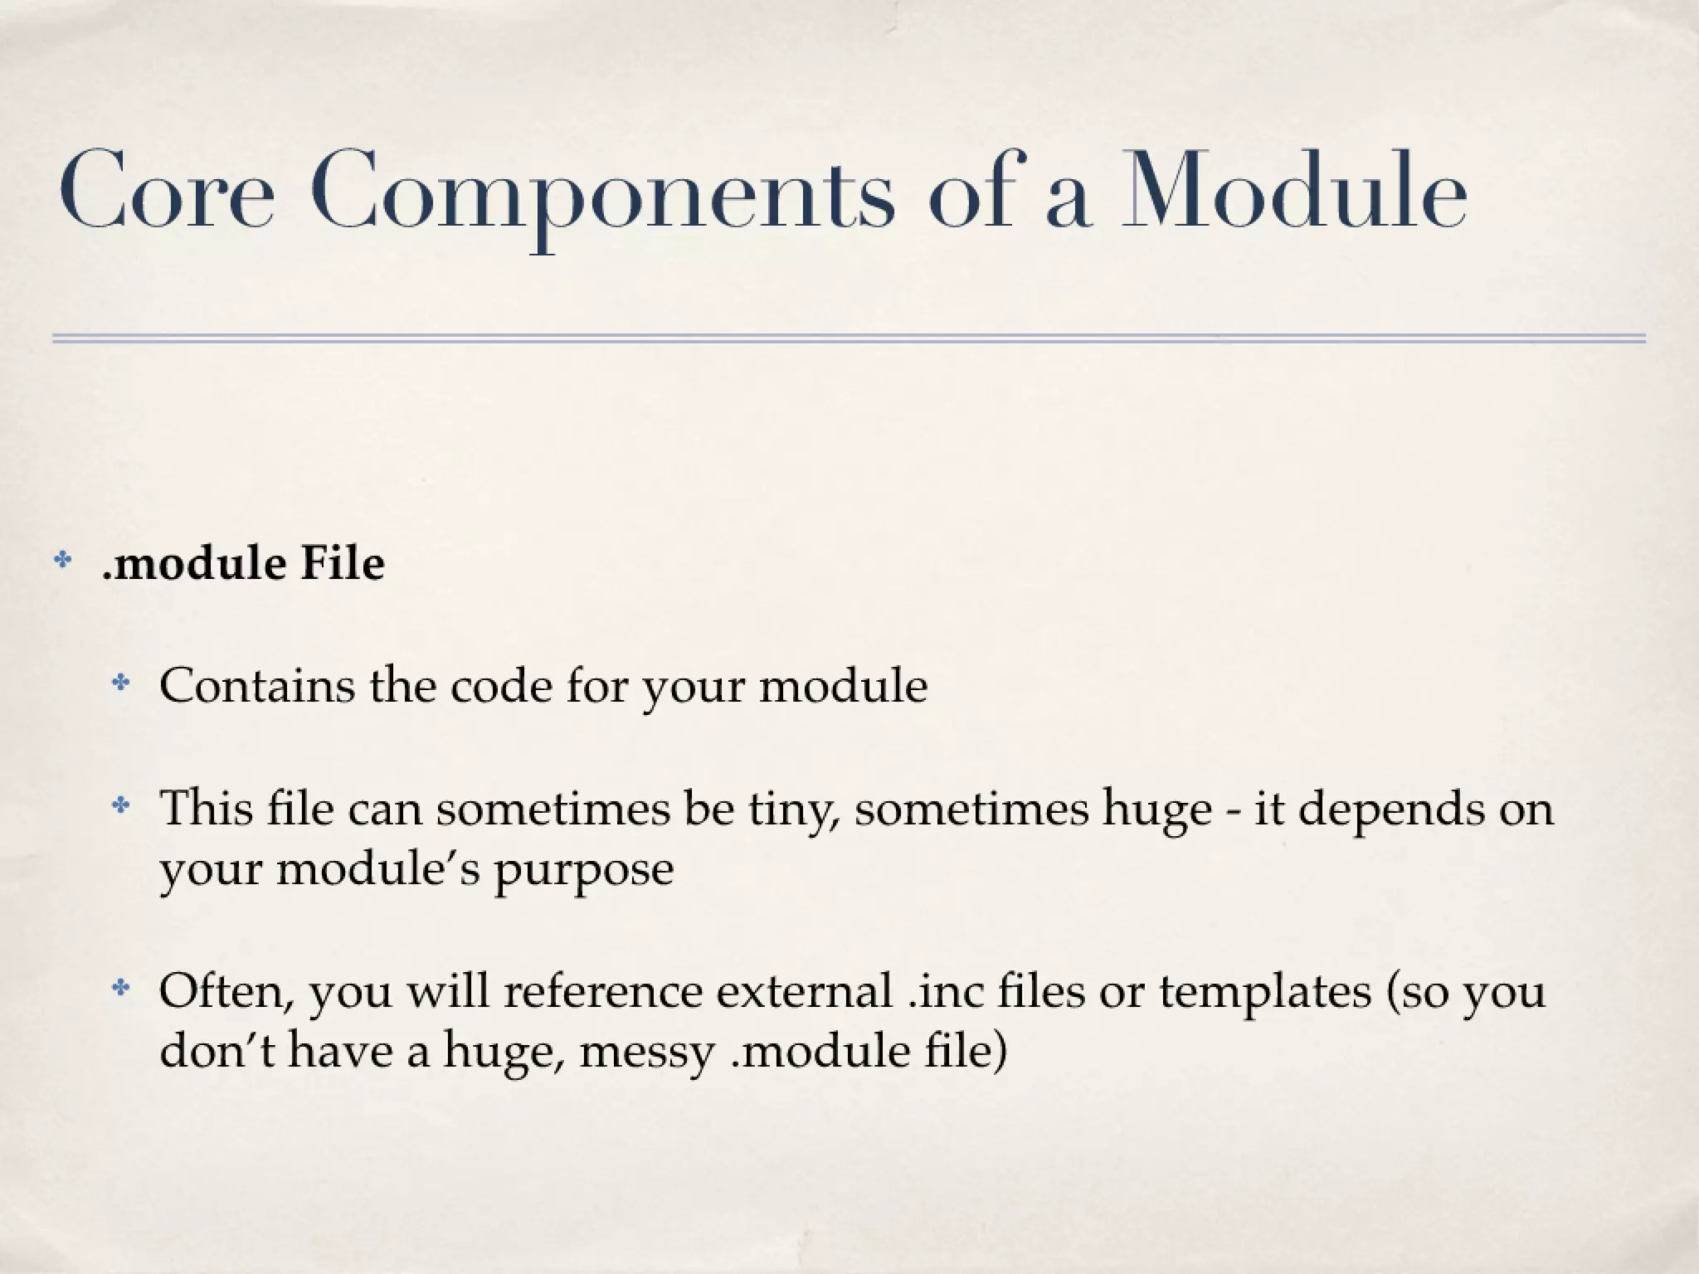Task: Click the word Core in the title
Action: [x=166, y=191]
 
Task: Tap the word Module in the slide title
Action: [x=1294, y=191]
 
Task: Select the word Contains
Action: [x=256, y=685]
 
